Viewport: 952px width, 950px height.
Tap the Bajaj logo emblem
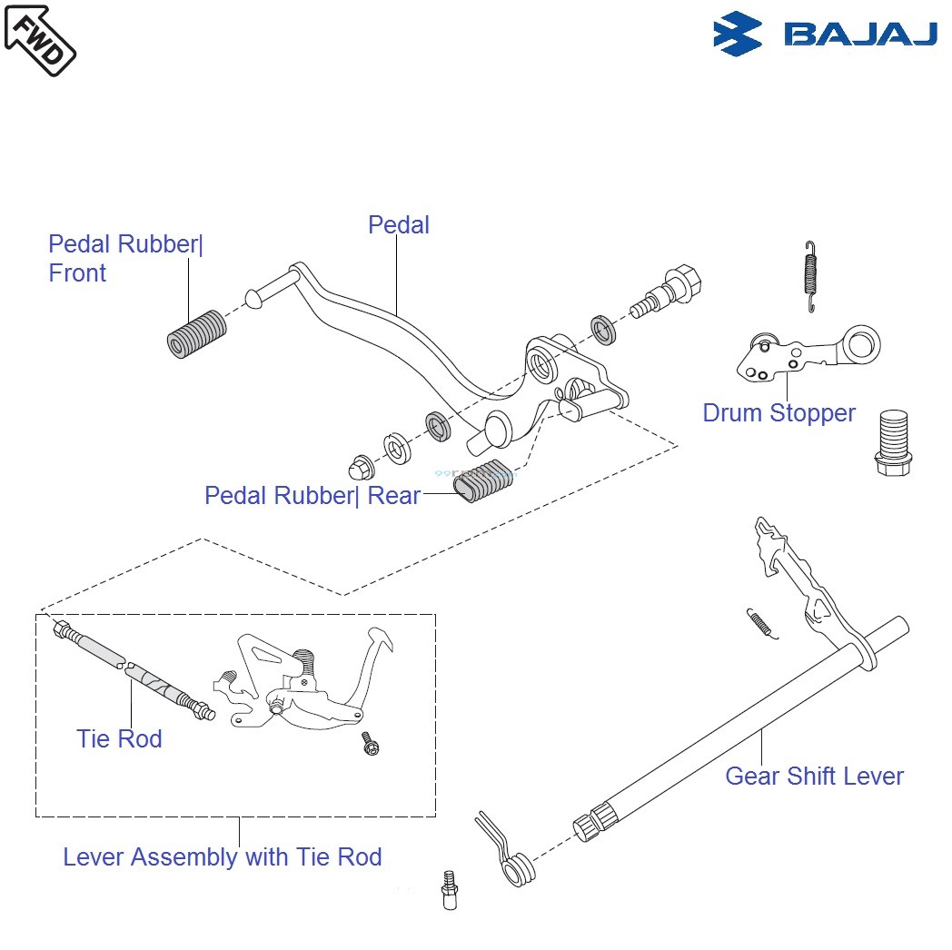[x=737, y=35]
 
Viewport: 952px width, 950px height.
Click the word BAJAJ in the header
[x=859, y=35]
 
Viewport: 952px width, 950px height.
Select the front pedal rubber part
[x=198, y=333]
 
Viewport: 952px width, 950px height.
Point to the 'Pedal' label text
[x=398, y=224]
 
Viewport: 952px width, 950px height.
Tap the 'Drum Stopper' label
[x=778, y=413]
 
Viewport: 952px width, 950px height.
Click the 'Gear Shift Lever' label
[x=814, y=777]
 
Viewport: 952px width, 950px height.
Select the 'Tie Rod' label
[x=119, y=739]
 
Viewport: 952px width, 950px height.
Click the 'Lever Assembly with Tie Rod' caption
[x=222, y=857]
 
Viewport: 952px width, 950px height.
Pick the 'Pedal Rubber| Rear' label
[x=312, y=496]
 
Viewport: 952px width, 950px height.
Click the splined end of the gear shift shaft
[x=591, y=822]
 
